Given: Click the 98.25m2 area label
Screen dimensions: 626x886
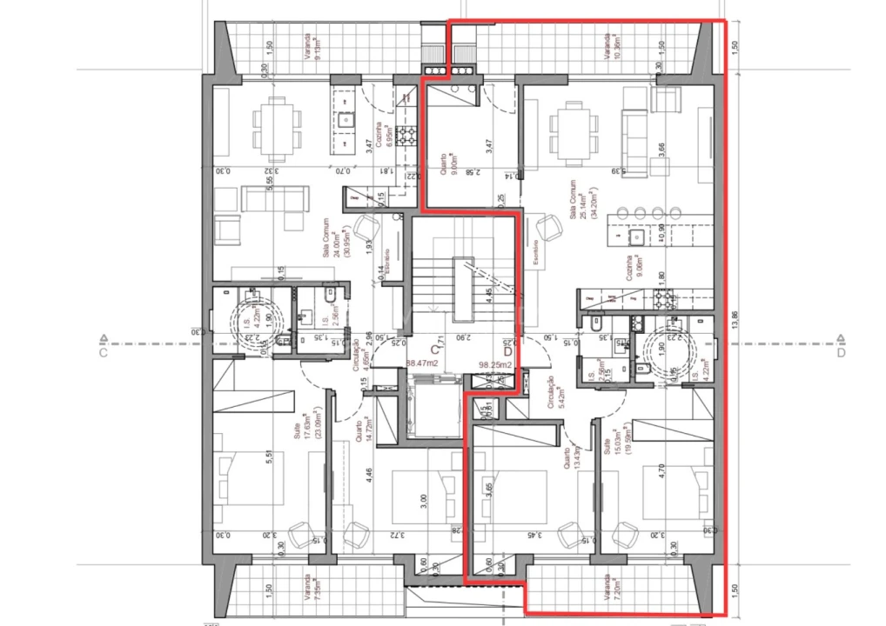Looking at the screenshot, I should coord(493,366).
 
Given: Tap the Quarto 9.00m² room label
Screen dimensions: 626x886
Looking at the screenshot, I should coord(449,161).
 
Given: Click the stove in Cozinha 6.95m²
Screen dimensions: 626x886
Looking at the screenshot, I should coord(405,135).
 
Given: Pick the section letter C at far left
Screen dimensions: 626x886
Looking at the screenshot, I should coord(103,353).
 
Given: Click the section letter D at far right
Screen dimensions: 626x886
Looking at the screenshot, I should coord(841,353).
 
